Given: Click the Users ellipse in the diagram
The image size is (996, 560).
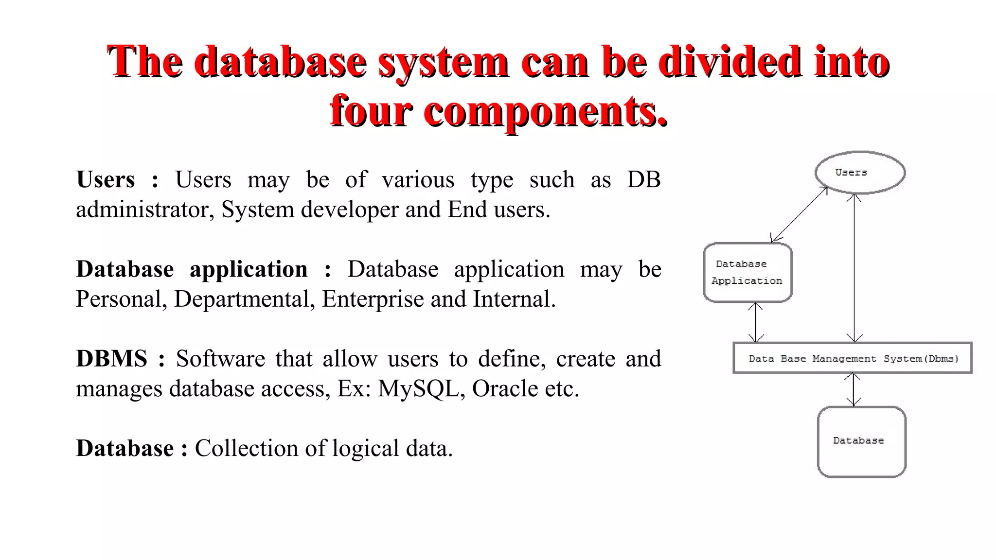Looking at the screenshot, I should coord(860,173).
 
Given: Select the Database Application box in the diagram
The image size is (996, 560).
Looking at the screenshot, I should coord(747,272).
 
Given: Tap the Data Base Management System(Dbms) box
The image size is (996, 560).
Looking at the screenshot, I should coord(852,358).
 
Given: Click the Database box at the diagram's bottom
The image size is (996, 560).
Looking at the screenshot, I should coord(861,441).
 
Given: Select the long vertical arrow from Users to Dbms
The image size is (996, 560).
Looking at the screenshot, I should coord(854,267).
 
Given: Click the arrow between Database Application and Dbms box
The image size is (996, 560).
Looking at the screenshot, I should coord(755,322).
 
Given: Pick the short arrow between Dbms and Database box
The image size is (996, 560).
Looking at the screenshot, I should coord(853,389).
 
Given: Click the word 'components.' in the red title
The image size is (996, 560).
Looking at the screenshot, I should coord(546,111).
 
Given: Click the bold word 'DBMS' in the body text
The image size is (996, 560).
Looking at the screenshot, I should coord(111,359).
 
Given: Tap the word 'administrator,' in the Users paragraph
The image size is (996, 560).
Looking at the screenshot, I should coord(145,210).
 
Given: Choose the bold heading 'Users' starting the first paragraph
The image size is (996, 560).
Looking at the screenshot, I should coord(106,179).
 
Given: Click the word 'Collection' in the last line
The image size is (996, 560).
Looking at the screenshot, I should coord(246,448).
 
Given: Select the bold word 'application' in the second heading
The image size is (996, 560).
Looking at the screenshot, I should coord(249,269).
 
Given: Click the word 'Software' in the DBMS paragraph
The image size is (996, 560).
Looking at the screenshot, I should coord(220,359).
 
